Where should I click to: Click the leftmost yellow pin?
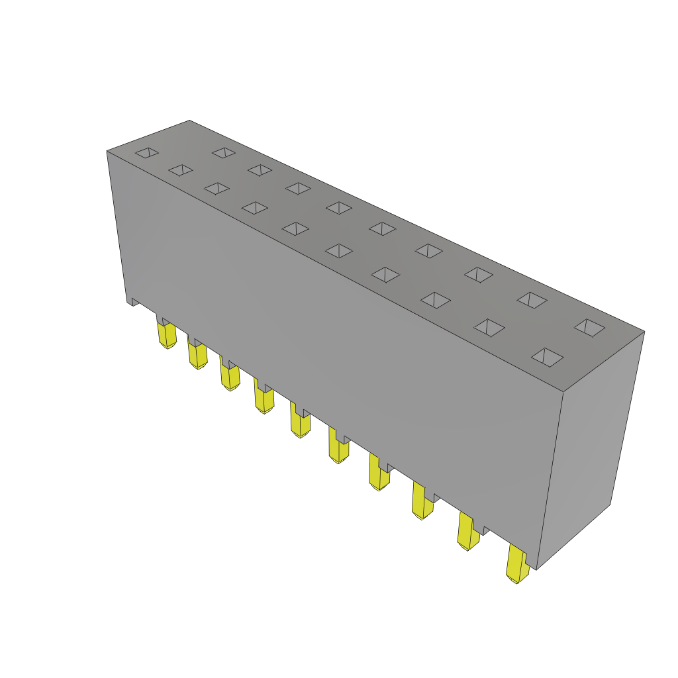pos(167,335)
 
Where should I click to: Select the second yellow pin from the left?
pos(197,356)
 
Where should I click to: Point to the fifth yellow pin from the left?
pos(300,424)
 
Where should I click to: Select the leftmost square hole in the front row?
pos(147,153)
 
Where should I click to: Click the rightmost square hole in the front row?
pos(547,358)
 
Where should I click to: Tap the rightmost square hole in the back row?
pos(589,328)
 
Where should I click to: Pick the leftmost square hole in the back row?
pos(224,152)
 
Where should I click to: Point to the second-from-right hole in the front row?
pos(489,328)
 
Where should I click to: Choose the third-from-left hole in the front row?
pos(217,189)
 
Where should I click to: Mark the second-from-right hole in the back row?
pos(532,300)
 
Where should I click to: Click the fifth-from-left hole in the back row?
pos(382,228)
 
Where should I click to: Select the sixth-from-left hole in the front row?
pos(339,251)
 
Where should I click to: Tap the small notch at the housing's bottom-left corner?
pos(134,302)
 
